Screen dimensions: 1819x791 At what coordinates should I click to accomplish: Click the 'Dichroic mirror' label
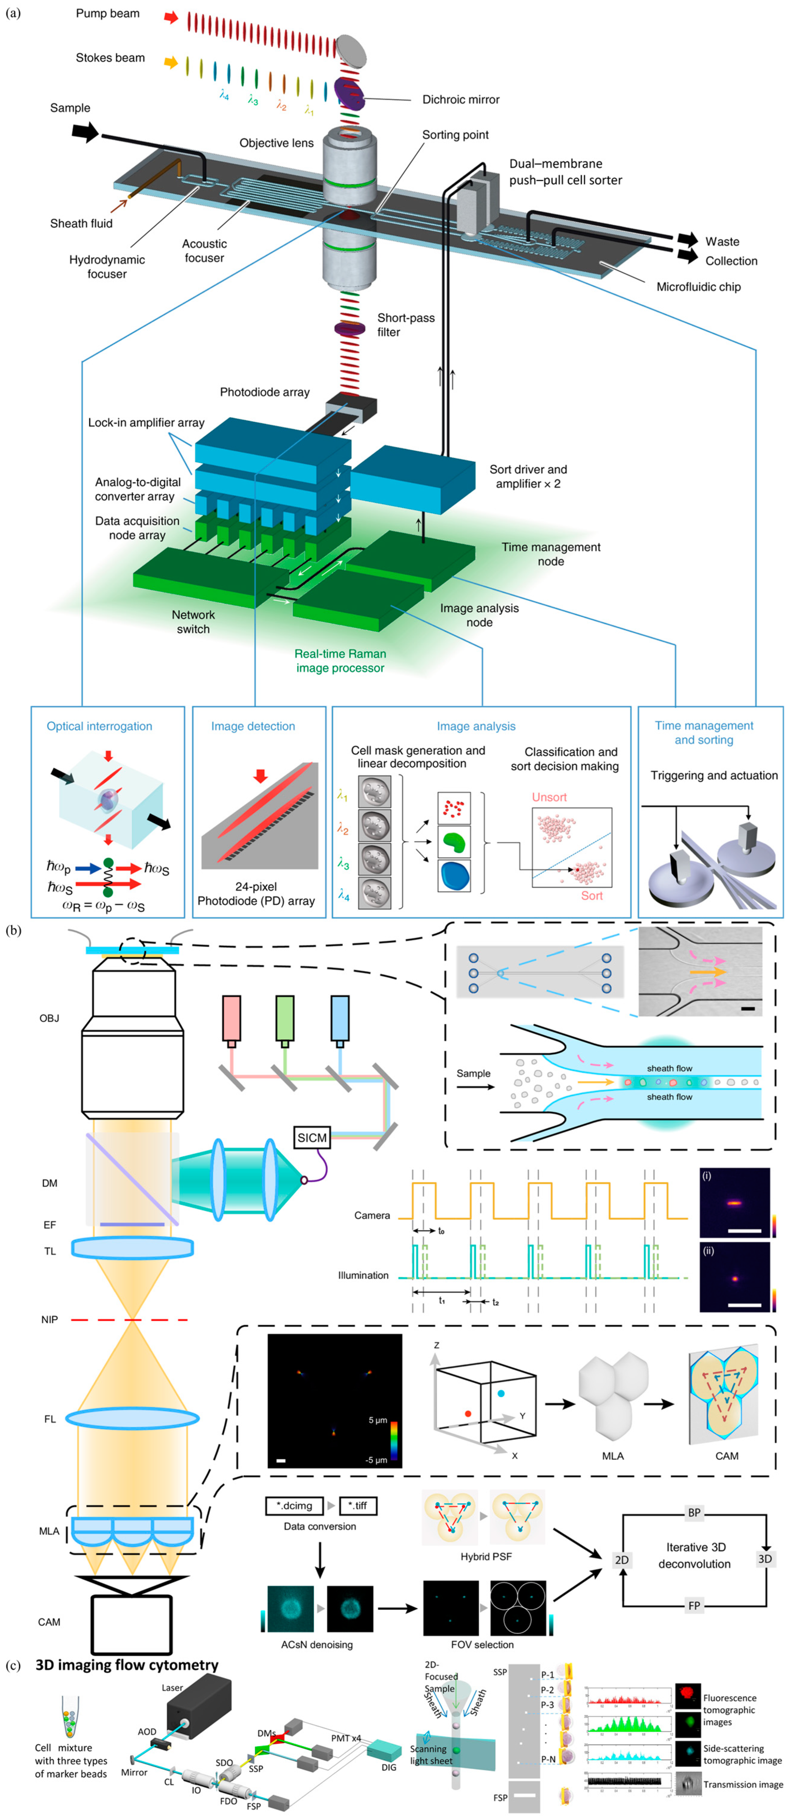point(460,100)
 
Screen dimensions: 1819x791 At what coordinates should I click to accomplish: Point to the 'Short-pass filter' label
point(405,325)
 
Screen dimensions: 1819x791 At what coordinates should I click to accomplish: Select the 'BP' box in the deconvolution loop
point(694,1513)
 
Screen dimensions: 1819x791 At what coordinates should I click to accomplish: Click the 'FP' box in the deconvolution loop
point(694,1606)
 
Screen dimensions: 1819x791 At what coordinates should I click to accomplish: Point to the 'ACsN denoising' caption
point(316,1645)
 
